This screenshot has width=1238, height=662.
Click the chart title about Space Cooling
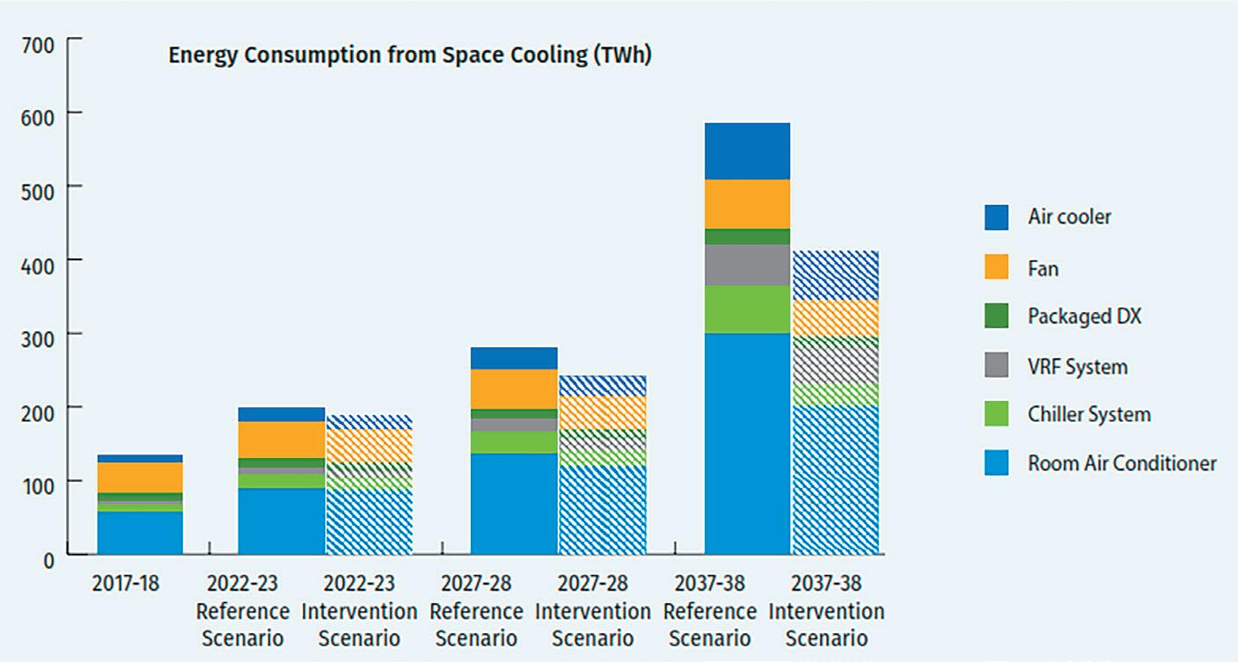pyautogui.click(x=409, y=55)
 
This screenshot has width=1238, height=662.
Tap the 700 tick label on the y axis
pyautogui.click(x=36, y=44)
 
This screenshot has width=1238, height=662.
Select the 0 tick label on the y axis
pyautogui.click(x=48, y=559)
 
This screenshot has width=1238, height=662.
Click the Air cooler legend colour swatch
pyautogui.click(x=996, y=217)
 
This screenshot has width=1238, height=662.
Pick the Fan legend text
pyautogui.click(x=1043, y=268)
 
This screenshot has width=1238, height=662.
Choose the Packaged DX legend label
pyautogui.click(x=1084, y=316)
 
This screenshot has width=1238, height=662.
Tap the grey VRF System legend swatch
pyautogui.click(x=996, y=366)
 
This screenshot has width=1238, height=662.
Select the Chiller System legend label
pyautogui.click(x=1088, y=414)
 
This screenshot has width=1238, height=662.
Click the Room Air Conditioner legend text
pyautogui.click(x=1122, y=463)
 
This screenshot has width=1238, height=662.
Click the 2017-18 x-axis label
pyautogui.click(x=127, y=584)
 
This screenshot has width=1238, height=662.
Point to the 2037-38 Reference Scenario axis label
pyautogui.click(x=709, y=611)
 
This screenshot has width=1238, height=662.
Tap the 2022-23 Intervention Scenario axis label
pyautogui.click(x=359, y=611)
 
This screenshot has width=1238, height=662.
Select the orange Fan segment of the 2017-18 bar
pyautogui.click(x=140, y=477)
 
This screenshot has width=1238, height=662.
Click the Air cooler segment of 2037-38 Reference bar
pyautogui.click(x=747, y=151)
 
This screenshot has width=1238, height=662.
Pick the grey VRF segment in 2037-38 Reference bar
pyautogui.click(x=747, y=265)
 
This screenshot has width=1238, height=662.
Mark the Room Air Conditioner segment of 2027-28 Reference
pyautogui.click(x=514, y=504)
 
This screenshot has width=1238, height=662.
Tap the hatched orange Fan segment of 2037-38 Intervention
pyautogui.click(x=835, y=318)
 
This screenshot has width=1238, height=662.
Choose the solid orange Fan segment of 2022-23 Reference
pyautogui.click(x=282, y=440)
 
